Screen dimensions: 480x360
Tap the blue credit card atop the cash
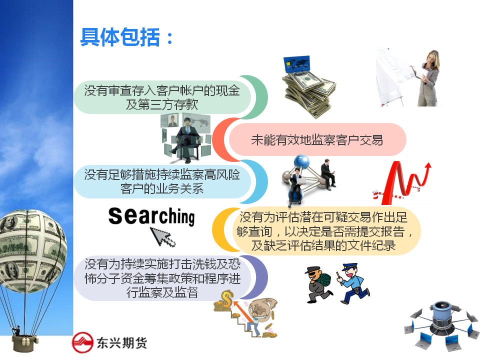tap(296, 64)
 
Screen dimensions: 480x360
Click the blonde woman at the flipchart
tap(428, 78)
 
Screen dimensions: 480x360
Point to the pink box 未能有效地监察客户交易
tap(317, 139)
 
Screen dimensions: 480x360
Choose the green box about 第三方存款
tap(162, 97)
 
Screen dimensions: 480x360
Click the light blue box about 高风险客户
tap(162, 182)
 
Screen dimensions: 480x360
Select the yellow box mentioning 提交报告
tap(324, 231)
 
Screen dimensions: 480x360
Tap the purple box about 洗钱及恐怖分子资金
tap(162, 278)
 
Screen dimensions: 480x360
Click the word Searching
tap(151, 216)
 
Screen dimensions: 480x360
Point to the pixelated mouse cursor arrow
tap(162, 237)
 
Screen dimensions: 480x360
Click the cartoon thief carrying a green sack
tap(318, 284)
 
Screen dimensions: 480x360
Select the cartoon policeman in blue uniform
tap(353, 283)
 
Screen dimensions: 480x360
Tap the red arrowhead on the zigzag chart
tap(428, 165)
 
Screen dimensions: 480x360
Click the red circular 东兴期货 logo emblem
tap(82, 342)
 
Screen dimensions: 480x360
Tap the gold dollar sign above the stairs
tap(227, 298)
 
